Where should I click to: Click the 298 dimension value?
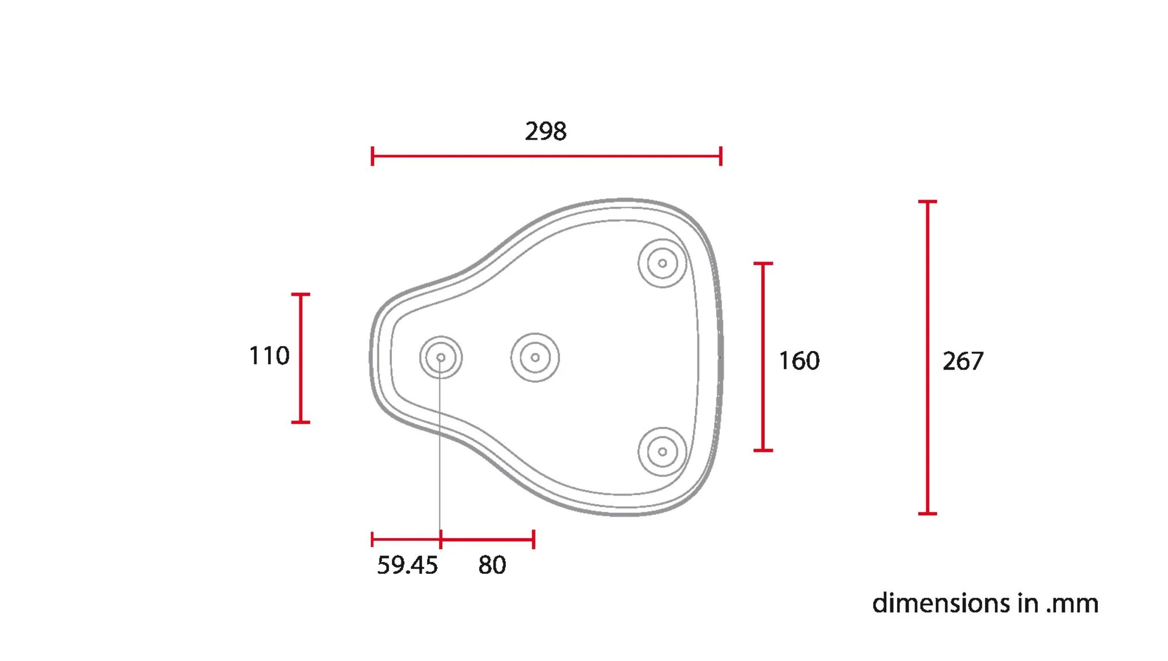545,132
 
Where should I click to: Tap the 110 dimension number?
269,356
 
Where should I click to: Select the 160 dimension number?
799,361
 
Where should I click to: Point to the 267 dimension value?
963,361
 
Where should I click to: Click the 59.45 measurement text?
407,565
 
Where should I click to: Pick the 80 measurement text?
492,565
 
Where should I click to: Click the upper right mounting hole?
662,263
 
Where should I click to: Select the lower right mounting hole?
662,452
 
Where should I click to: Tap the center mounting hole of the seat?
535,358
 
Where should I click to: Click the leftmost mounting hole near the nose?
441,357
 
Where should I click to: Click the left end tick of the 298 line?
372,156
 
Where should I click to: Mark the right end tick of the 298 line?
721,156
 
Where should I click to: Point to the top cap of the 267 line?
927,202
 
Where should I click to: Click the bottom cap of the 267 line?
927,513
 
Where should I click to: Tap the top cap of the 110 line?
301,295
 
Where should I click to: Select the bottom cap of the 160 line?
763,450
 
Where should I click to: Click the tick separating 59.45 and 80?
441,539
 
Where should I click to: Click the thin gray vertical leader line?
440,456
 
